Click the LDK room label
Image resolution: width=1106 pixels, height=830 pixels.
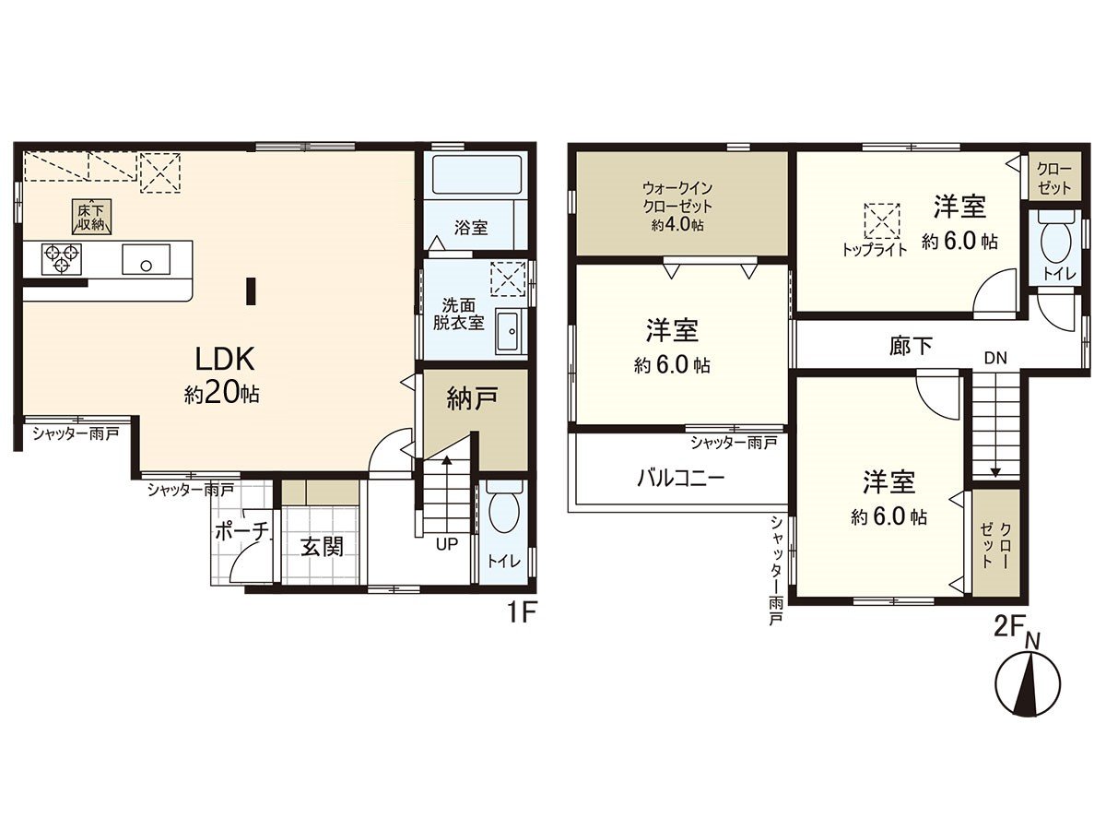click(225, 360)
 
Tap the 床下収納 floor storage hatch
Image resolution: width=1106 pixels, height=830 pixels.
click(91, 218)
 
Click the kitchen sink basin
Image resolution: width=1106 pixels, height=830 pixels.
click(146, 259)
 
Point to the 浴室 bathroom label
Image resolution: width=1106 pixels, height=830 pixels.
click(471, 228)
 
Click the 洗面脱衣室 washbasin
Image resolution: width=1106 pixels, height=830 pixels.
click(511, 333)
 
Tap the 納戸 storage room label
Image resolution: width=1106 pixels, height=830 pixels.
click(472, 398)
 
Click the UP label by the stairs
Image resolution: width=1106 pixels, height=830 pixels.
click(446, 544)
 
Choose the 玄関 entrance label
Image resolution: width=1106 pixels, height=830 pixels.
click(322, 547)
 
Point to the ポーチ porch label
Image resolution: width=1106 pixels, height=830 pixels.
click(241, 531)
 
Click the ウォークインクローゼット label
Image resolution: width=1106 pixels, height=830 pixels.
click(677, 206)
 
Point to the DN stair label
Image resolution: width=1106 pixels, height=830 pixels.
click(995, 358)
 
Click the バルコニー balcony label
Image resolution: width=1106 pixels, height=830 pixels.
click(680, 477)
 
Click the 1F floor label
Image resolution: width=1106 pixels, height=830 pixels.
click(520, 613)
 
